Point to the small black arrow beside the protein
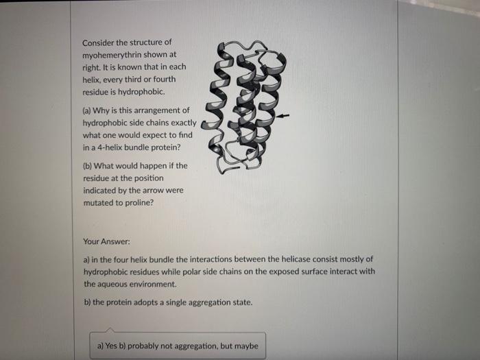(x=286, y=116)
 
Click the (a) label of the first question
(x=88, y=110)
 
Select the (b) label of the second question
(x=88, y=165)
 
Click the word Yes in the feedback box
(x=112, y=346)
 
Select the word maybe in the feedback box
(x=245, y=346)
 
